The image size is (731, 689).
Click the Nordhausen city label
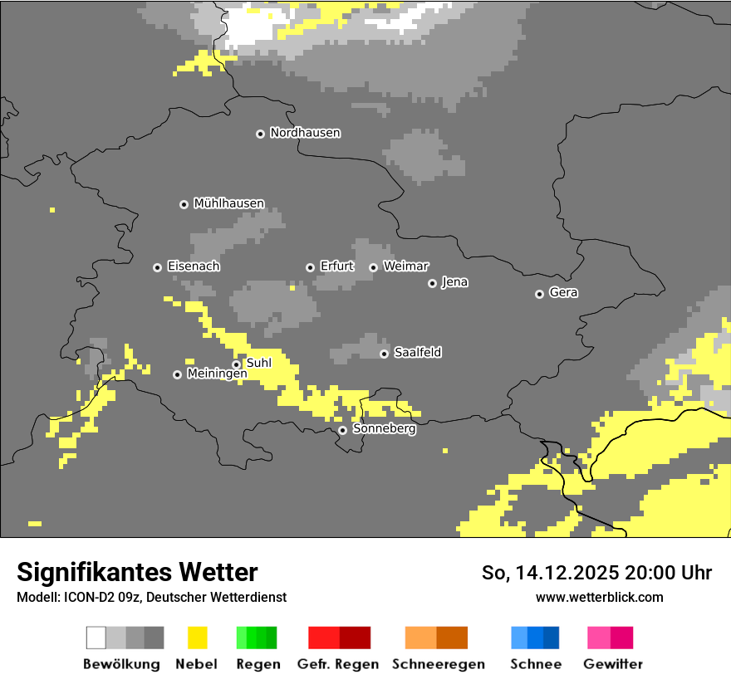305,133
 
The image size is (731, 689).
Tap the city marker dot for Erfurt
310,267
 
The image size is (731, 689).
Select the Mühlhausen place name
228,203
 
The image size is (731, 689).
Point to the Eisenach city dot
157,267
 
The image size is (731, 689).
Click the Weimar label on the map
405,266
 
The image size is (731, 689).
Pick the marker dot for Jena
432,283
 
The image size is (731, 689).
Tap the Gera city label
563,293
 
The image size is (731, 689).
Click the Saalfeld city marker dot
384,354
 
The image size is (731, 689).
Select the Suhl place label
258,363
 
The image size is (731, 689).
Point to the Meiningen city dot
177,374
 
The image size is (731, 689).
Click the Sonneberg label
384,429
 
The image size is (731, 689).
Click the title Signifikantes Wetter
137,573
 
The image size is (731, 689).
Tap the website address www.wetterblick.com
599,598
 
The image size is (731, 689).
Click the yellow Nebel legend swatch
196,638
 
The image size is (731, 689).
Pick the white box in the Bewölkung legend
96,638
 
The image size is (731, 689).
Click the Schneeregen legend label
438,664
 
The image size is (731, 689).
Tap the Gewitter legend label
612,664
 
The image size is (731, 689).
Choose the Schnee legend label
535,664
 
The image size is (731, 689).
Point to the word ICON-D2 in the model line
83,598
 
